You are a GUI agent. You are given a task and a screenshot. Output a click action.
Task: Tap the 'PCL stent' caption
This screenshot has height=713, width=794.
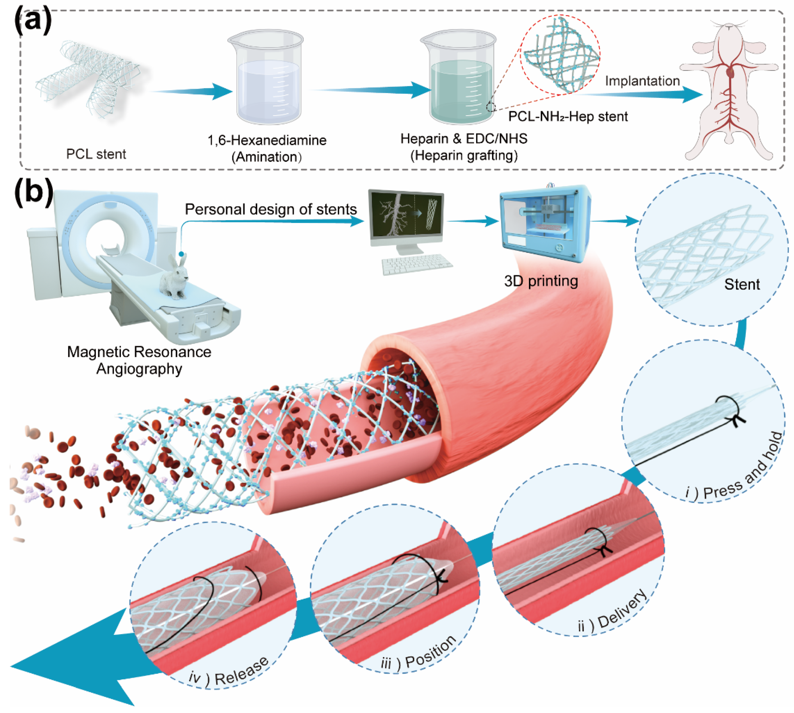point(96,154)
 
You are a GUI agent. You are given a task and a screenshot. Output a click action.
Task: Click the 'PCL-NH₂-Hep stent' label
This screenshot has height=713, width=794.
point(567,116)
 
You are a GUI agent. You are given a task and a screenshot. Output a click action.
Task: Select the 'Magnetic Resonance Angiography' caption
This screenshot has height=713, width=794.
point(139,360)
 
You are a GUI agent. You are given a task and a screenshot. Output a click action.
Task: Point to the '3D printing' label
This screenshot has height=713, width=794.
point(541,281)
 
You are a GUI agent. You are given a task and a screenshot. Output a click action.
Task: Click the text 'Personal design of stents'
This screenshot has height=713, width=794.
point(271,209)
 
